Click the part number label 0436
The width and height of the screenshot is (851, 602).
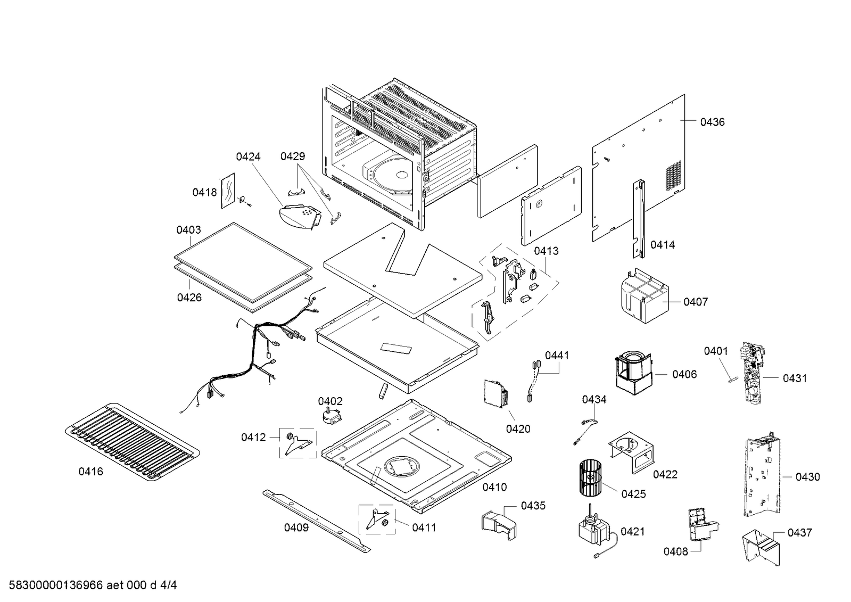(712, 122)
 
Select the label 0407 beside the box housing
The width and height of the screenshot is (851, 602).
(696, 302)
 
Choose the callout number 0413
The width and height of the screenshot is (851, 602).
(546, 251)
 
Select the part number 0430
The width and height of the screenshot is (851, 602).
(807, 477)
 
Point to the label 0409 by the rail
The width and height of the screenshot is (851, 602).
(296, 528)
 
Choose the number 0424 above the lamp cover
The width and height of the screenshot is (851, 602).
(248, 157)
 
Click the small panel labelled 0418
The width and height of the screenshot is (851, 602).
(227, 189)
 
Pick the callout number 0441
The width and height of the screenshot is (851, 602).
(556, 356)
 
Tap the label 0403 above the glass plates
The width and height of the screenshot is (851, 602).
(188, 230)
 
